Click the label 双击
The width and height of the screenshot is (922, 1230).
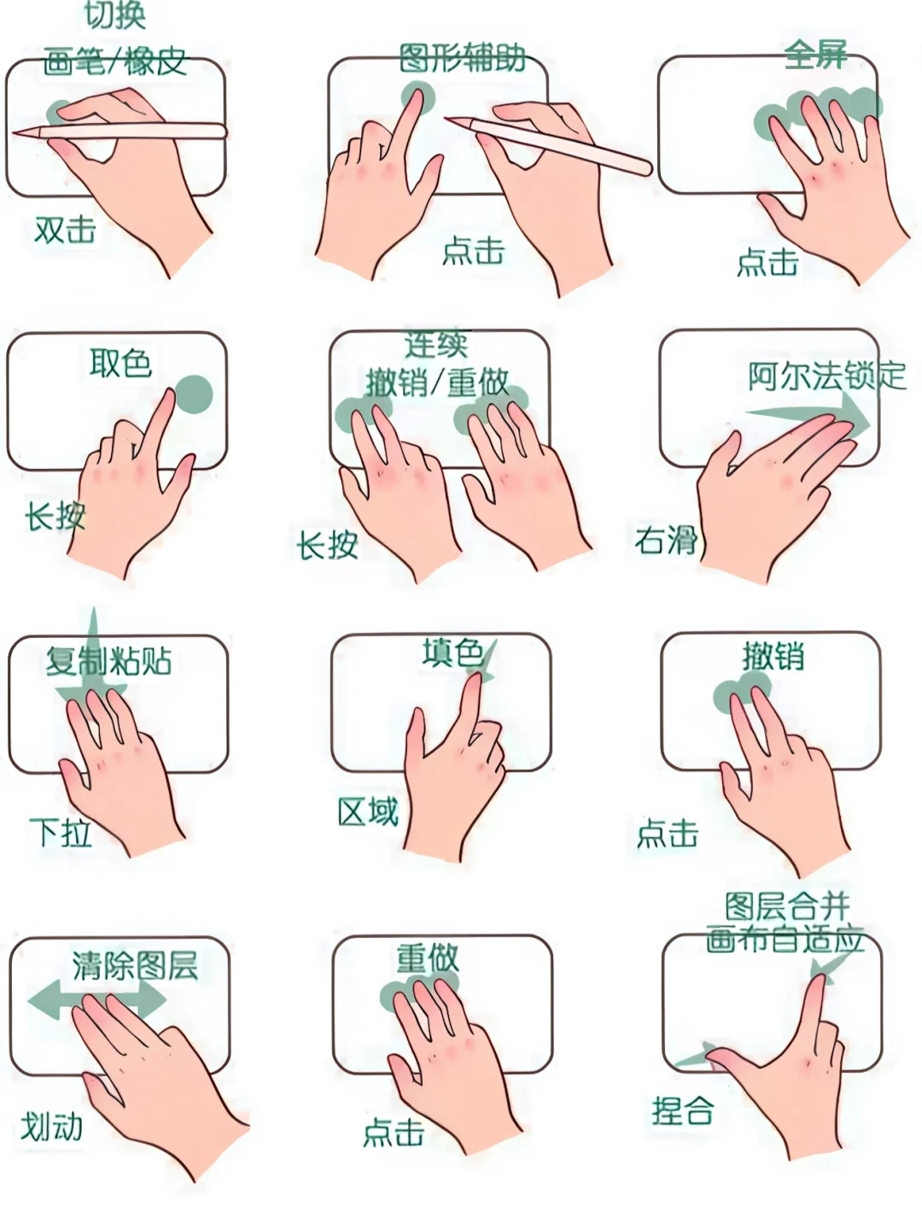[x=65, y=230]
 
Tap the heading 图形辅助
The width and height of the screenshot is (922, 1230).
[x=462, y=58]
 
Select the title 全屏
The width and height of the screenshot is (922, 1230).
[x=815, y=55]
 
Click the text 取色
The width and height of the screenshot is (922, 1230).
[x=120, y=363]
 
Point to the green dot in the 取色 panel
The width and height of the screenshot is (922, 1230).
[x=194, y=394]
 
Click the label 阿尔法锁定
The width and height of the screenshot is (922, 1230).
[x=826, y=376]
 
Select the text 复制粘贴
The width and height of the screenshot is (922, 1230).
[x=109, y=661]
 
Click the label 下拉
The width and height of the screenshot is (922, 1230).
[x=61, y=832]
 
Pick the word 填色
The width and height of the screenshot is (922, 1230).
[x=452, y=653]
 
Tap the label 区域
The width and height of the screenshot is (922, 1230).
[x=368, y=812]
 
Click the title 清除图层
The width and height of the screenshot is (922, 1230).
[x=135, y=966]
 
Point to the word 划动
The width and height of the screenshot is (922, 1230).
[x=52, y=1127]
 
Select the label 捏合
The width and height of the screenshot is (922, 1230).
[x=683, y=1111]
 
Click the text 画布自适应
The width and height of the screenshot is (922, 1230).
[x=785, y=940]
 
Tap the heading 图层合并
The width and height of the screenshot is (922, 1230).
[x=787, y=906]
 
